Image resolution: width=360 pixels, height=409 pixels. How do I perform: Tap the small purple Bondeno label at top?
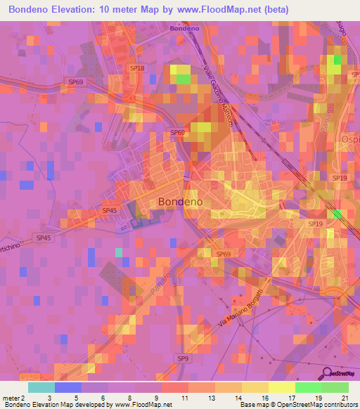click(184, 29)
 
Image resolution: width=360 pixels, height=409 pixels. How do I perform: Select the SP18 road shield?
click(136, 68)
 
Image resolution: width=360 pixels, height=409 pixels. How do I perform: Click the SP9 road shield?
click(182, 358)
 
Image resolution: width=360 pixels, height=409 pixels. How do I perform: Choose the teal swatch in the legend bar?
click(41, 387)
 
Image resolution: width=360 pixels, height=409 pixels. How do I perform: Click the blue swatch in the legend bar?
click(68, 387)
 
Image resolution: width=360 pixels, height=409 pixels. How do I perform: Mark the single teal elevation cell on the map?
click(118, 252)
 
